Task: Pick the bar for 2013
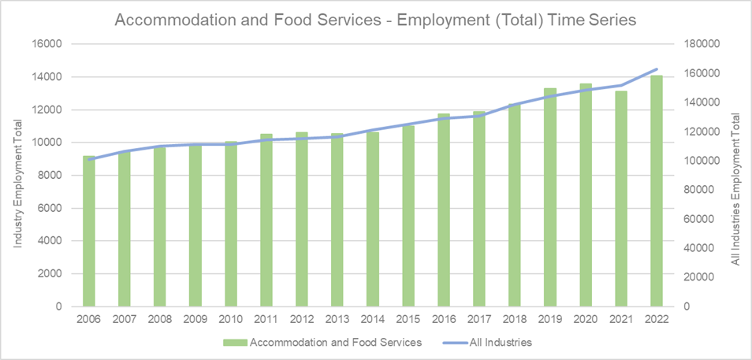pos(337,220)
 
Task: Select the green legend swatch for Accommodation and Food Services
pos(233,343)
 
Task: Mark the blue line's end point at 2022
pos(657,69)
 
